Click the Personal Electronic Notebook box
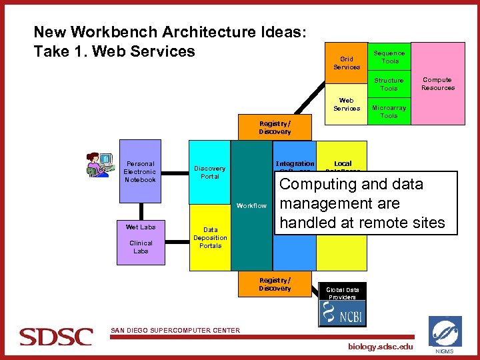[140, 171]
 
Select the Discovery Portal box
[209, 172]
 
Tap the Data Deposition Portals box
[210, 238]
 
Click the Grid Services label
[347, 63]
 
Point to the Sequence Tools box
[389, 57]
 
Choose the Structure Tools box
[389, 84]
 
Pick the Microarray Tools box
[389, 111]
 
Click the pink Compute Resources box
[438, 83]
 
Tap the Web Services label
[347, 105]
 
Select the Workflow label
[251, 206]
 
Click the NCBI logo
[343, 314]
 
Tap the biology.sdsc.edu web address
[381, 347]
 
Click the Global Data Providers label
[343, 293]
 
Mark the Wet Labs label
[141, 227]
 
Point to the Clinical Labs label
[141, 247]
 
